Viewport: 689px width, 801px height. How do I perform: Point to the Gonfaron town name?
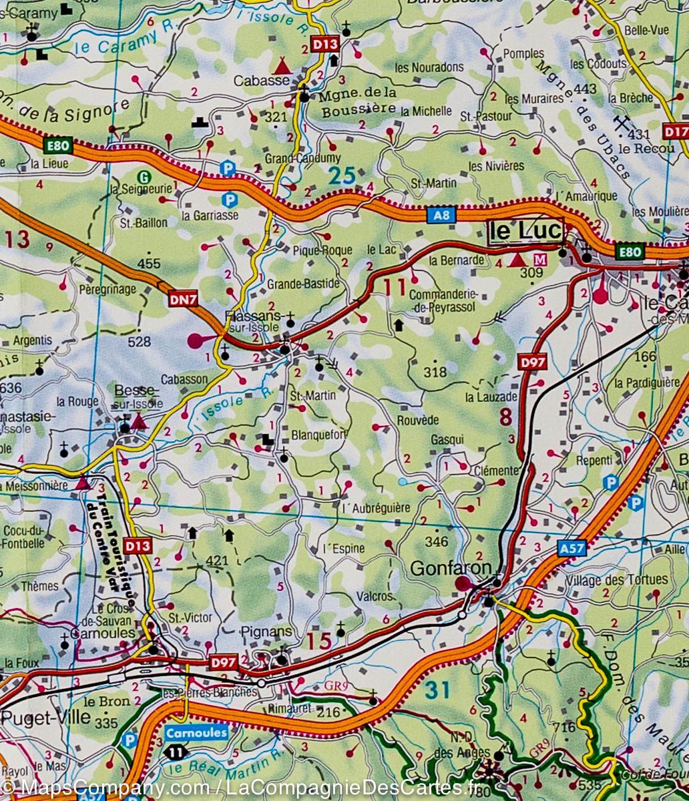[451, 568]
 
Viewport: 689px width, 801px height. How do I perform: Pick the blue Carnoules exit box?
[196, 732]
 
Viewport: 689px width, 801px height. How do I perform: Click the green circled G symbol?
[143, 176]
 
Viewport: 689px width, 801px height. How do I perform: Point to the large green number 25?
[342, 176]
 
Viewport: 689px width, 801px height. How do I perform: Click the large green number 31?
[438, 690]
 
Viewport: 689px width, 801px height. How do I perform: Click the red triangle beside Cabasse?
[282, 65]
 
